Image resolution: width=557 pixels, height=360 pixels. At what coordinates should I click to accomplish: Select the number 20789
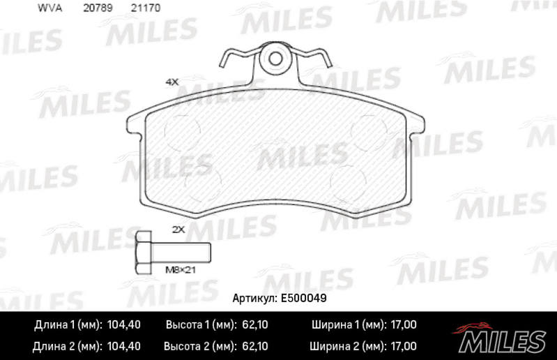[97, 8]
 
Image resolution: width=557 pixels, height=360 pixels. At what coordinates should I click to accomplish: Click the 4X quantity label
[172, 82]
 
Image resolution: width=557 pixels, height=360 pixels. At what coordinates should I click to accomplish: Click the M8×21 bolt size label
[178, 269]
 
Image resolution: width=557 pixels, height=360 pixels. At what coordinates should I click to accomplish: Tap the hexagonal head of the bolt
[144, 250]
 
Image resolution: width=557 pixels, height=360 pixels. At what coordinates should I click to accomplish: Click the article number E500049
[305, 297]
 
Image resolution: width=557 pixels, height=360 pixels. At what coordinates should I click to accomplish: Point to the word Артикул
[254, 297]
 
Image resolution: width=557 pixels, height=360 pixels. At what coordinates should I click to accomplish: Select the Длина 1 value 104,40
[123, 325]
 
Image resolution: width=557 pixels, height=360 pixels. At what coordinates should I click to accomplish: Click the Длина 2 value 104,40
[123, 345]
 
